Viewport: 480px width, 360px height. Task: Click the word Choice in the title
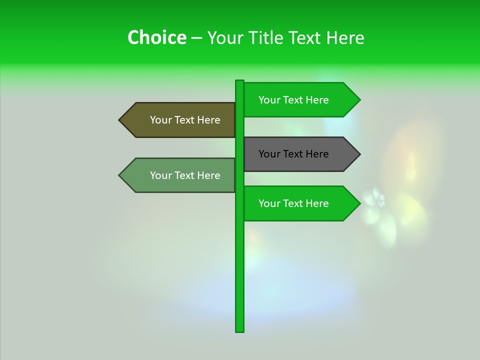tap(156, 37)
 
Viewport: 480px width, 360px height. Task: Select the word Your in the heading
tap(224, 37)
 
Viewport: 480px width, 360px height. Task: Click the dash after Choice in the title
tap(196, 38)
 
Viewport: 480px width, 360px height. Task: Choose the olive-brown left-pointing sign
tap(180, 120)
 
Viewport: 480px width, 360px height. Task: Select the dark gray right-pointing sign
tap(300, 154)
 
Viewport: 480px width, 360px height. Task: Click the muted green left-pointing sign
tap(180, 175)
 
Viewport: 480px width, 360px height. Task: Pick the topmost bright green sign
tap(300, 100)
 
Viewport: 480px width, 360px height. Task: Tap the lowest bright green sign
tap(300, 203)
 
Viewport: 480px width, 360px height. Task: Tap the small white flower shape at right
tap(381, 202)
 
